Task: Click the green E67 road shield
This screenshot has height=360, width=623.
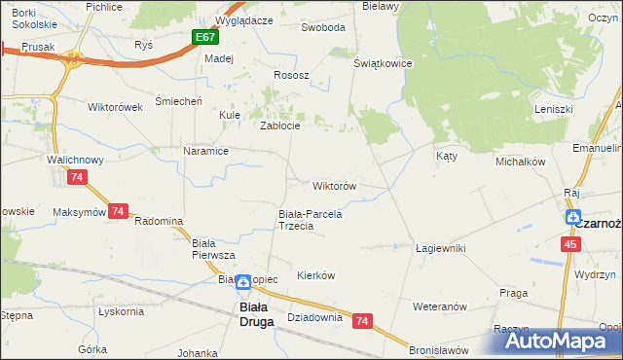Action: [203, 38]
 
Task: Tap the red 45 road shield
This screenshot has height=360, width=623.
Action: [569, 245]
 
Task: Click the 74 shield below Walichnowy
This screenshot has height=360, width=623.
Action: [77, 177]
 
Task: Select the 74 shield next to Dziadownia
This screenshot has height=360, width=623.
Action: [363, 320]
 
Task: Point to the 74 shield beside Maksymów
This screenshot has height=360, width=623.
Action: [119, 211]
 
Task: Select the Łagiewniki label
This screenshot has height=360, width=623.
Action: [440, 248]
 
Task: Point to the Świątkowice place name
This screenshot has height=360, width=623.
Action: [384, 63]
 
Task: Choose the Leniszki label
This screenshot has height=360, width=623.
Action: [552, 109]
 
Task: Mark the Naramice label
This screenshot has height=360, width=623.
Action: [205, 151]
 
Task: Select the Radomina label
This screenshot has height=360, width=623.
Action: [159, 221]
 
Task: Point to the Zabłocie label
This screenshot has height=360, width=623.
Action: [278, 125]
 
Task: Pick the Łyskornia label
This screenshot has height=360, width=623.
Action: [122, 311]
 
